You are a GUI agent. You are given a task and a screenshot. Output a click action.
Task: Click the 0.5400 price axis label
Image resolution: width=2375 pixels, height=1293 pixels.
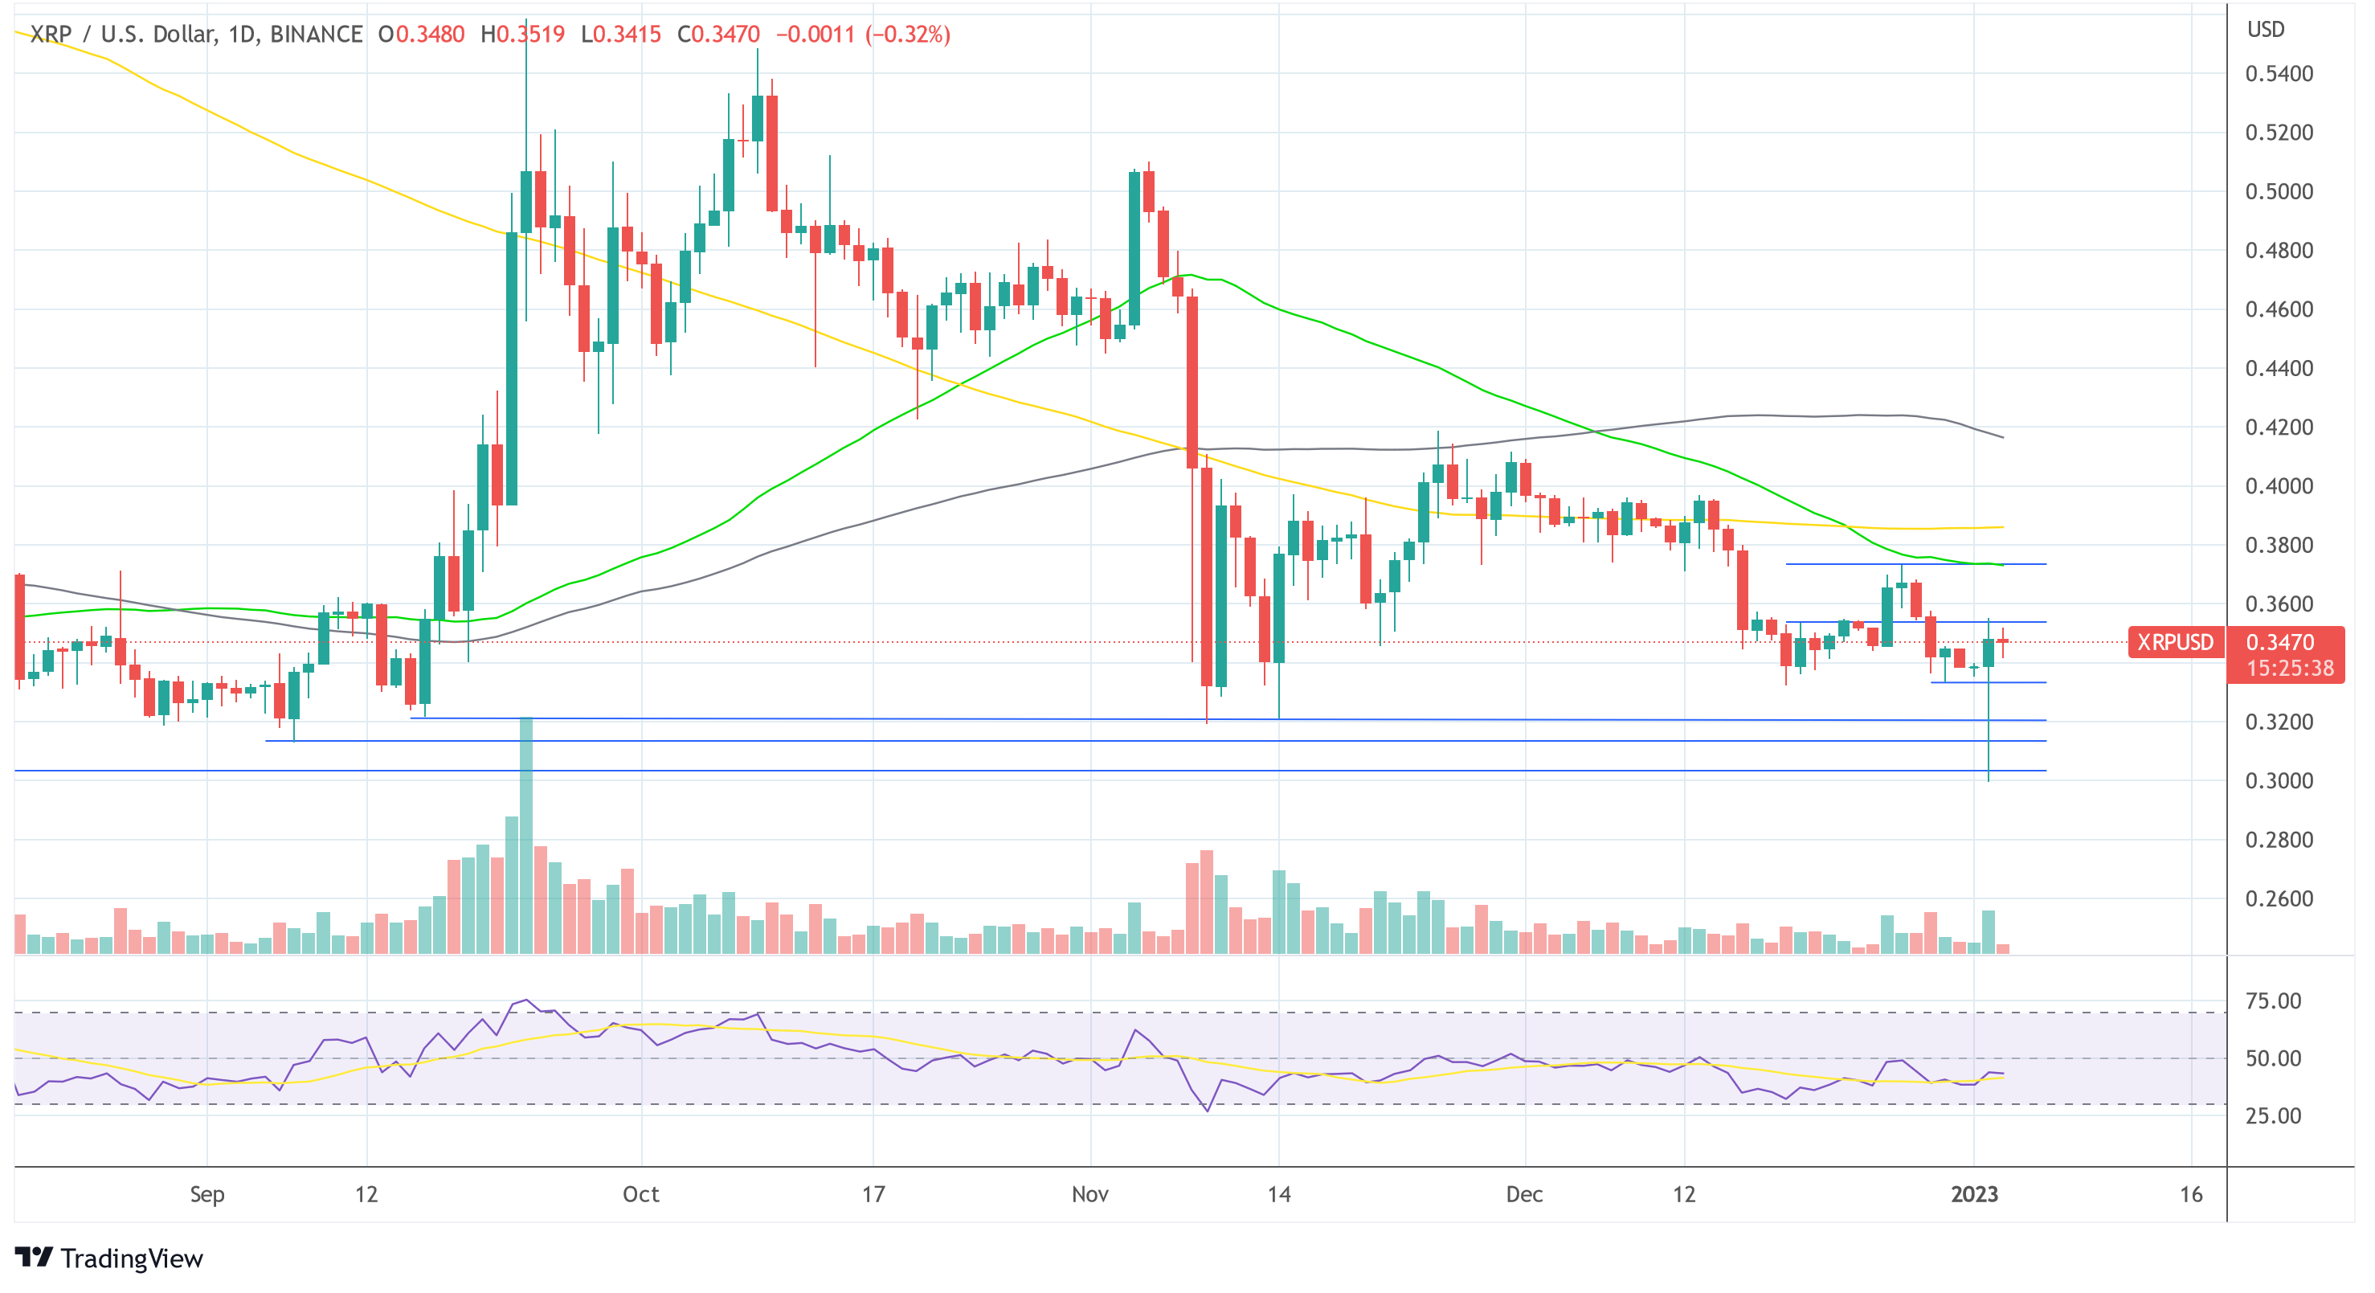click(x=2279, y=74)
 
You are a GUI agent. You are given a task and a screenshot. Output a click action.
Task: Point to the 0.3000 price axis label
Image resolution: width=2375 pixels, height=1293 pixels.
click(x=2279, y=781)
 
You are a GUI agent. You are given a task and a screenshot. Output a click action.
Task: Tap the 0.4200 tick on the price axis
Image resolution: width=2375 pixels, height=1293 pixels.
click(x=2279, y=427)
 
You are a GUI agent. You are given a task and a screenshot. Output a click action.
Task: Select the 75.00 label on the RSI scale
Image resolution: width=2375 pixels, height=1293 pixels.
click(x=2273, y=1001)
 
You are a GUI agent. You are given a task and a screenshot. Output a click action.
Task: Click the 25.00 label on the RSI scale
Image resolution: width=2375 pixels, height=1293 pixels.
click(x=2273, y=1116)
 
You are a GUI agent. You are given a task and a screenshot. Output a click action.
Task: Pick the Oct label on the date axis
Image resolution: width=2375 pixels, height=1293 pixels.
click(x=641, y=1194)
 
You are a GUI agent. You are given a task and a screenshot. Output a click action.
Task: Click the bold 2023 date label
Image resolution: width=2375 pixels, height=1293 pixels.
click(x=1974, y=1194)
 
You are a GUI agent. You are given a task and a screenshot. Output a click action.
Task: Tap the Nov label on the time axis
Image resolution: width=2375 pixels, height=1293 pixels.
click(x=1089, y=1194)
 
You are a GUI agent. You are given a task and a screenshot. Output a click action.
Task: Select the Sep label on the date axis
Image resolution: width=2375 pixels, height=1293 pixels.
click(x=206, y=1194)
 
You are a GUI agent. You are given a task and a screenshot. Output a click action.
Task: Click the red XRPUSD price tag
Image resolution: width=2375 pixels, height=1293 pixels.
click(x=2175, y=642)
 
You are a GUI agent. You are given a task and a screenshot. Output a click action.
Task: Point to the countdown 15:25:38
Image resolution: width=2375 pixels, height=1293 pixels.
click(x=2289, y=668)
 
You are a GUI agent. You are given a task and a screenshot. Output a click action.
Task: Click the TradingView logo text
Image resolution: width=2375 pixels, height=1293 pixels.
click(x=131, y=1259)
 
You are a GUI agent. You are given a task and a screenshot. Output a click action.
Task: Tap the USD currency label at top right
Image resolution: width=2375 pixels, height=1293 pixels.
click(x=2265, y=30)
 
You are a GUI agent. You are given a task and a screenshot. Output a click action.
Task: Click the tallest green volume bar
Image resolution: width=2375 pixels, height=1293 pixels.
click(x=526, y=835)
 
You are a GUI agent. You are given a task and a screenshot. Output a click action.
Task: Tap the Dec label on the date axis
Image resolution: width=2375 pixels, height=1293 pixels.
click(x=1524, y=1194)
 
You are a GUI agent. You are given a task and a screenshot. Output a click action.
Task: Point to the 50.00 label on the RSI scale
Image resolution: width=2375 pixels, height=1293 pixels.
click(x=2273, y=1058)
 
